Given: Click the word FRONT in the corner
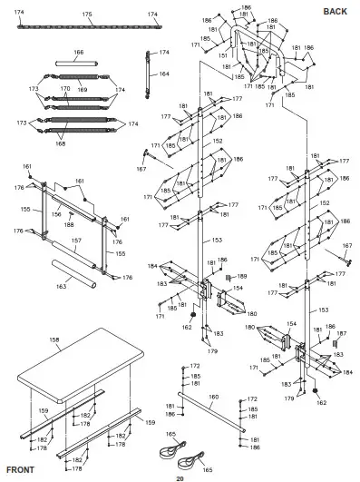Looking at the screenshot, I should tap(20, 470).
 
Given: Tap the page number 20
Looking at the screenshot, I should tap(180, 477).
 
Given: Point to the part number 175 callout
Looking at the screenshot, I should tap(87, 15).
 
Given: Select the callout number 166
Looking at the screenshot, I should tap(78, 54).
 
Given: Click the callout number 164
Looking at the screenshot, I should tap(164, 74).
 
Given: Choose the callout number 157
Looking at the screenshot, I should tap(77, 241).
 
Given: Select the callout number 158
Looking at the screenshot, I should tap(54, 339).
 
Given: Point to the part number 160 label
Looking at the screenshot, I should tap(214, 397).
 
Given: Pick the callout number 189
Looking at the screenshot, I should tap(241, 276).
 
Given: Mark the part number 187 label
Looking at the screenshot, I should tap(342, 333).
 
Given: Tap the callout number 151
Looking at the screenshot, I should tap(223, 55).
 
